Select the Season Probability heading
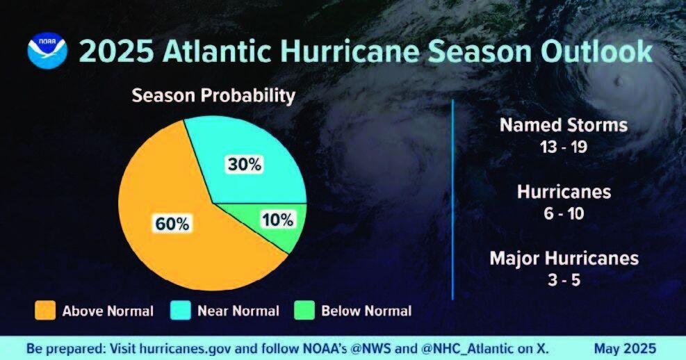coord(213,96)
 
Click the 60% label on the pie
coord(171,224)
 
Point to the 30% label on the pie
coord(245,165)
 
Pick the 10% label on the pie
coord(278,220)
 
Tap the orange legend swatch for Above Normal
coord(45,311)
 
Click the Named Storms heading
coord(564,126)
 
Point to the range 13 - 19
coord(564,147)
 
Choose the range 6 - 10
coord(564,213)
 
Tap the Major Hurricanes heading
coord(564,259)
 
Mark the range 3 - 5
coord(564,280)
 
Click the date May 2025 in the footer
coord(624,347)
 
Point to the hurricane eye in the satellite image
coord(616,81)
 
